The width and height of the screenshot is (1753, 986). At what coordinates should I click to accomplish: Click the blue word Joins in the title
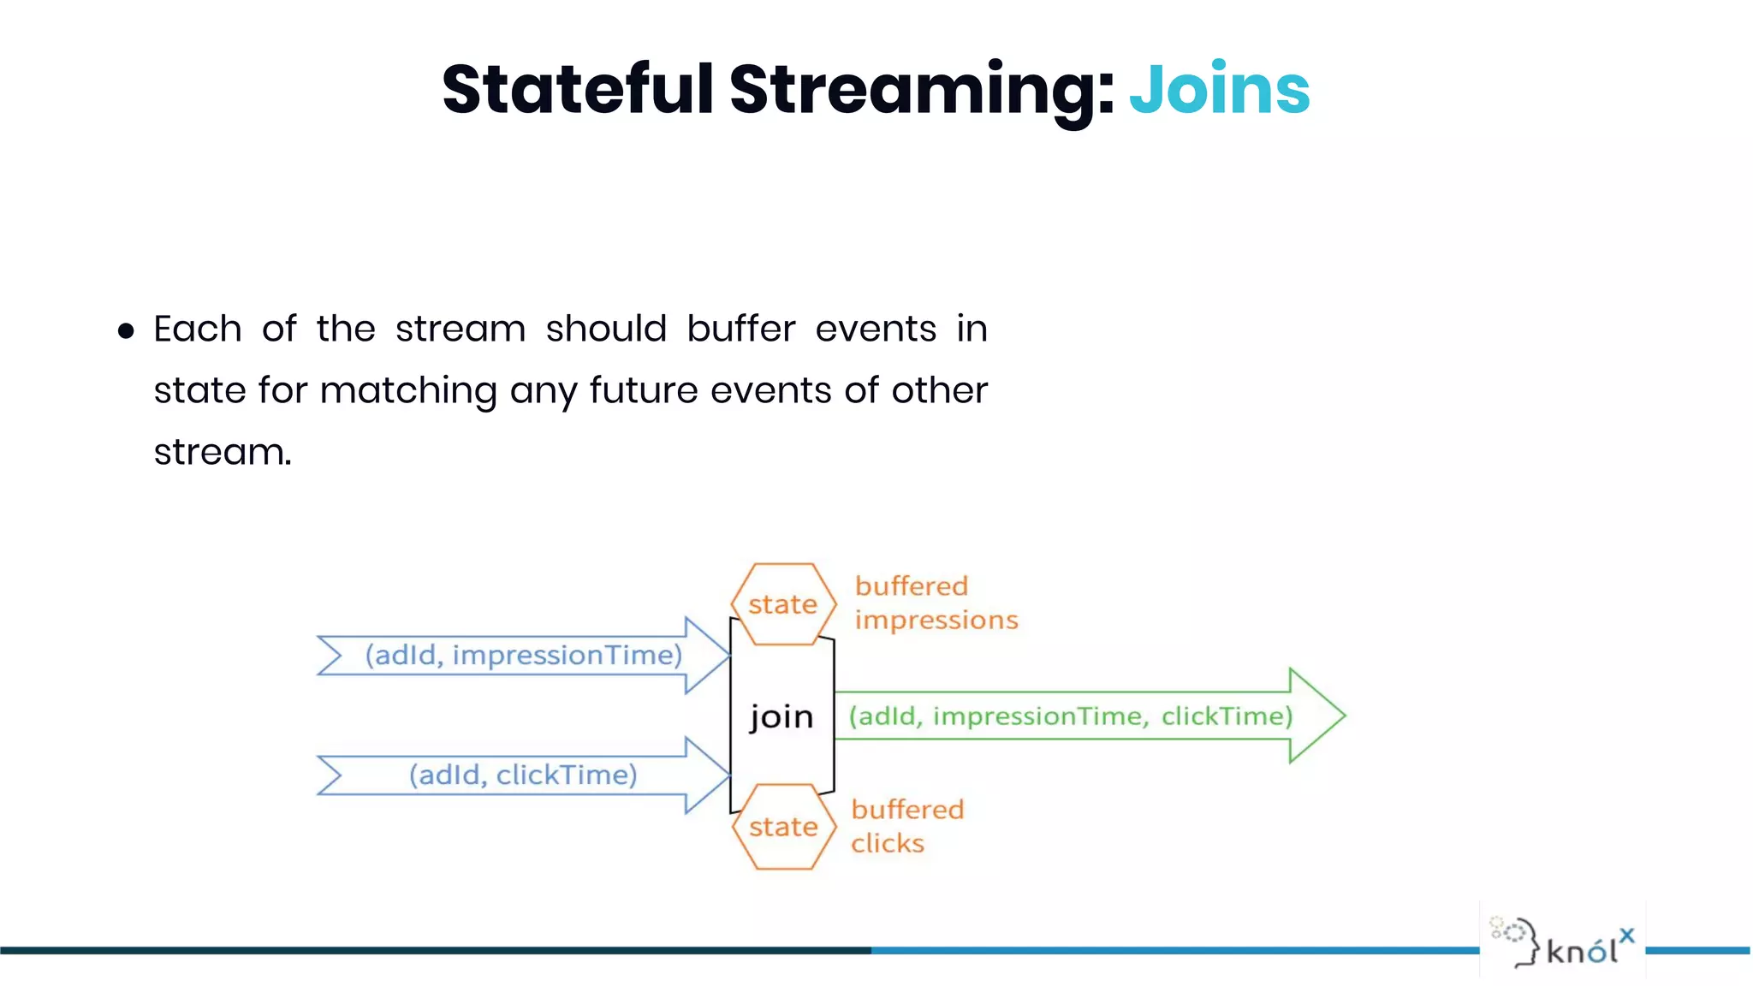1219,90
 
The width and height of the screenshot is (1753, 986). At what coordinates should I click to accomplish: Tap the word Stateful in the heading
578,90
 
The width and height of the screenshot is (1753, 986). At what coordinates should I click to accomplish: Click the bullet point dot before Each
127,331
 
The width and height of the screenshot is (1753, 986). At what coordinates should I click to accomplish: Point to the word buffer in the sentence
740,330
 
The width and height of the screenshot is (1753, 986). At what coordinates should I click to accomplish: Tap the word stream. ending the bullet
223,453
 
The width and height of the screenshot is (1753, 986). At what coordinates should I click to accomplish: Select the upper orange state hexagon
783,604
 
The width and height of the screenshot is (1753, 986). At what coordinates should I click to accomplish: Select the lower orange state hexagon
783,827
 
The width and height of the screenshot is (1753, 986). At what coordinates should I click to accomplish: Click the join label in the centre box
781,716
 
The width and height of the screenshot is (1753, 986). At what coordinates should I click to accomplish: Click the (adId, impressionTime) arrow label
523,656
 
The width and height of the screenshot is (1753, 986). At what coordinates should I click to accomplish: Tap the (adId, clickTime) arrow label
523,775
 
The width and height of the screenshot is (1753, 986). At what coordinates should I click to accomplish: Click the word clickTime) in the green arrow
1227,716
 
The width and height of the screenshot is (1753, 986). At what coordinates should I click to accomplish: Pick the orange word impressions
936,621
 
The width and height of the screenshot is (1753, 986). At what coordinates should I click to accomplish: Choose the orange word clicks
888,844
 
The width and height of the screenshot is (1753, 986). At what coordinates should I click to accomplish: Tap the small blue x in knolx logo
1626,936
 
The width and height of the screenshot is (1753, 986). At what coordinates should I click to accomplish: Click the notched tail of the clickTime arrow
330,775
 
